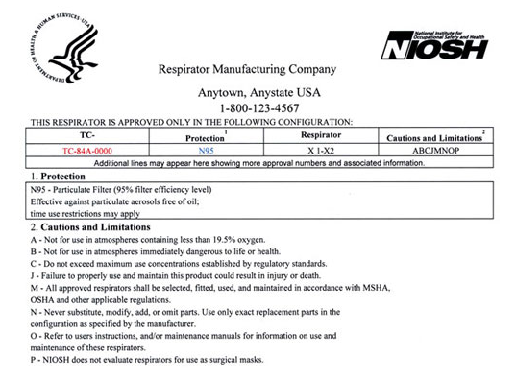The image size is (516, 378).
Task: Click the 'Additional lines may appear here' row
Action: pos(258,164)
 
